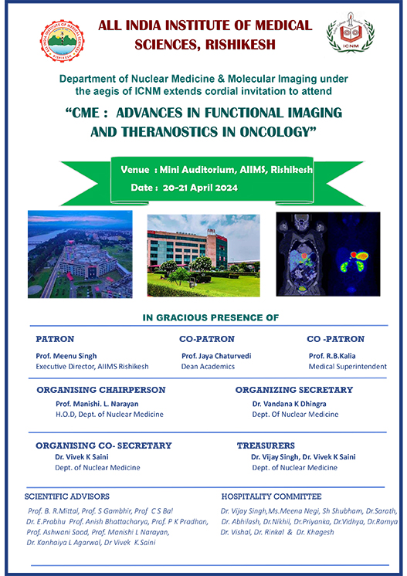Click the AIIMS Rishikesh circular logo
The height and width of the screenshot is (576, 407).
tap(62, 41)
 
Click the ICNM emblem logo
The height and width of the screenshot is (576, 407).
tap(351, 32)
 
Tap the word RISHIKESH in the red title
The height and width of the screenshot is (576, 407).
tap(240, 45)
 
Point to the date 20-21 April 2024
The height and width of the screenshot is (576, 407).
tap(200, 188)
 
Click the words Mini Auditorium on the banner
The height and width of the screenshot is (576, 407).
tap(197, 170)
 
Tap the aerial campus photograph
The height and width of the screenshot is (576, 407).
tap(80, 254)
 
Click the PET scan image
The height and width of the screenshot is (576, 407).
tap(328, 254)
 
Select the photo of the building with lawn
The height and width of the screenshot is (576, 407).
tap(204, 256)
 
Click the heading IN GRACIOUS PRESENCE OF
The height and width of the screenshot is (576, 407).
tap(211, 318)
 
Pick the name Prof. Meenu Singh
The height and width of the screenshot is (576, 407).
tap(66, 356)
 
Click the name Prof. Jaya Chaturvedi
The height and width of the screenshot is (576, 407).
tap(216, 356)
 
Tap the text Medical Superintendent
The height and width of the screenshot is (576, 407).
tap(348, 367)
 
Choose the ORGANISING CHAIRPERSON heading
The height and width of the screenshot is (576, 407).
tap(101, 390)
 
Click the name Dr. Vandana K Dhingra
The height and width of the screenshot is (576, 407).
tap(289, 404)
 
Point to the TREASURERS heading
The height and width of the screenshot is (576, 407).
tap(266, 446)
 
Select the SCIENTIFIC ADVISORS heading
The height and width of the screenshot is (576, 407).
tap(67, 496)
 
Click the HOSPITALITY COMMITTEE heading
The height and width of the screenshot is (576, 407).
tap(271, 496)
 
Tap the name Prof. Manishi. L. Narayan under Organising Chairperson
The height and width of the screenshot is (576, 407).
tap(97, 404)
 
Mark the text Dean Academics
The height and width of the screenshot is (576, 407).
tap(208, 367)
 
